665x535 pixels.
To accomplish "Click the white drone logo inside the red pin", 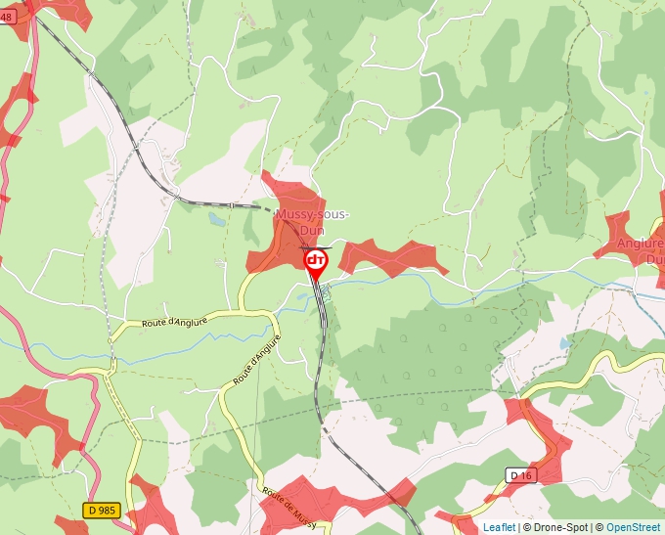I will coord(316,260).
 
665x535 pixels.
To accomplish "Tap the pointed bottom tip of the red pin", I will coord(316,285).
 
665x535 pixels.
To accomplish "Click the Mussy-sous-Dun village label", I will coord(312,221).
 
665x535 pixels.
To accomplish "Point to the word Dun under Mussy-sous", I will coord(312,230).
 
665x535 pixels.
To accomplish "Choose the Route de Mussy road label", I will coord(292,504).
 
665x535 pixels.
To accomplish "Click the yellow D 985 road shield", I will coord(103,510).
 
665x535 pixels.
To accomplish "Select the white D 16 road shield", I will coord(520,475).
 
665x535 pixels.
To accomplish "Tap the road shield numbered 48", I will coord(8,18).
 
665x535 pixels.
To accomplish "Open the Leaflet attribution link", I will coord(499,527).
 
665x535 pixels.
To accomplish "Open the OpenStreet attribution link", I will coord(634,527).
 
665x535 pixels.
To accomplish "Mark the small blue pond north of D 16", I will coord(564,343).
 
